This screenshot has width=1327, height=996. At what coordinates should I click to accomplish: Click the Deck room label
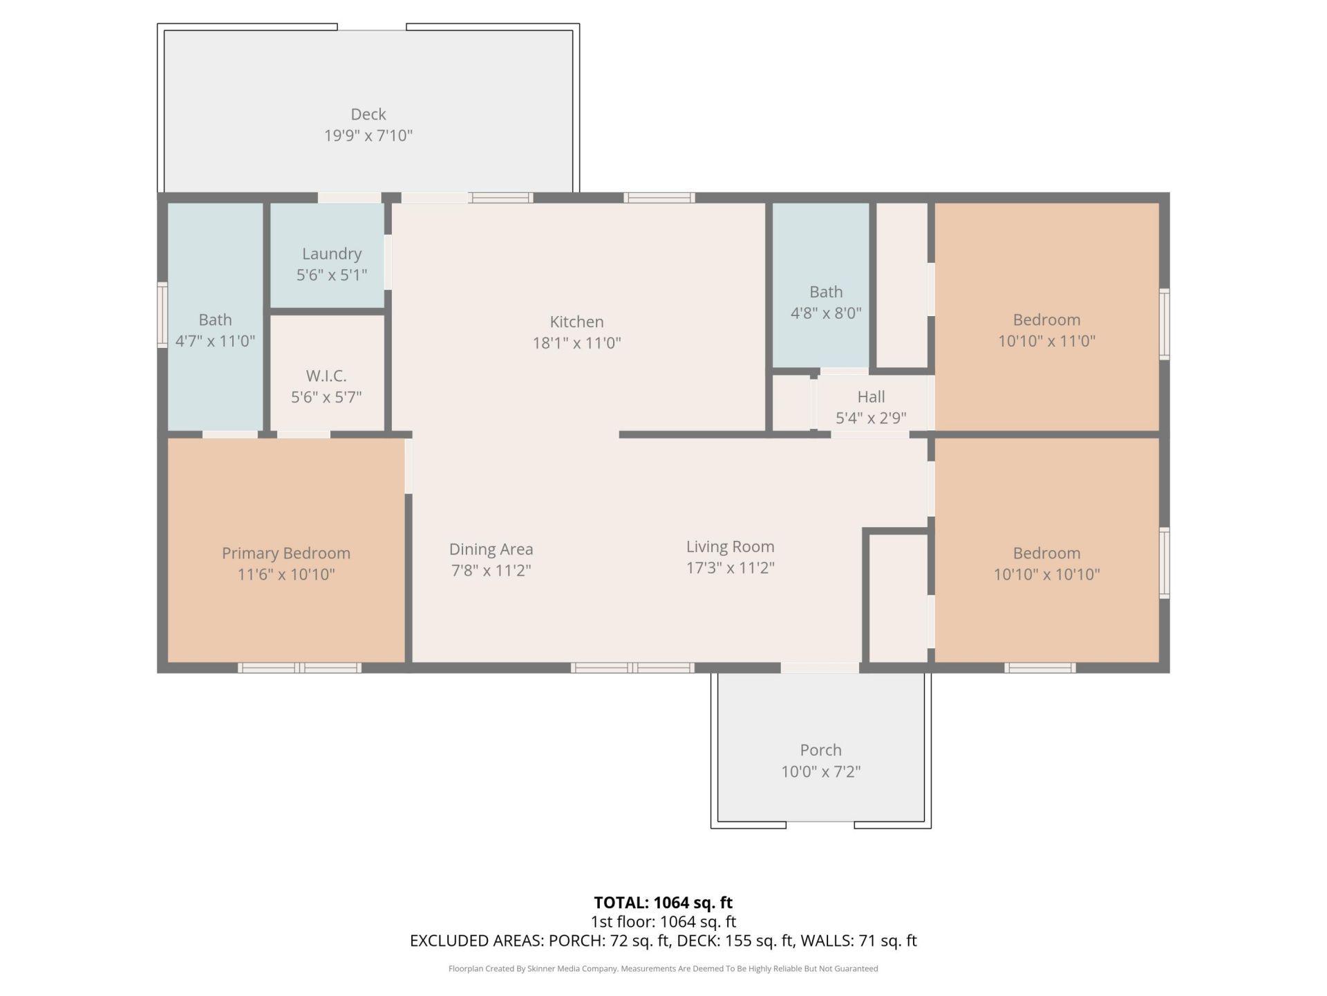pos(368,114)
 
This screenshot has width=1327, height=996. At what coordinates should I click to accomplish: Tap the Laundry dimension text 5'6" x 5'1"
pos(332,275)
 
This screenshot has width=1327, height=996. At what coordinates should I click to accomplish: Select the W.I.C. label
pos(326,376)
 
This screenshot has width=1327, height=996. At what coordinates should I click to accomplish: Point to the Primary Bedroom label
pos(286,553)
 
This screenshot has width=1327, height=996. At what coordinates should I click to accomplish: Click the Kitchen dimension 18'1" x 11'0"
pos(577,343)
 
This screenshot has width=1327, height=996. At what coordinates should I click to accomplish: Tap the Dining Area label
pos(491,549)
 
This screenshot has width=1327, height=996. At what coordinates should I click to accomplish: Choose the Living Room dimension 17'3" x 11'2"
pos(731,568)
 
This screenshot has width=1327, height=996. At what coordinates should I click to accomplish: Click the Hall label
pos(871,397)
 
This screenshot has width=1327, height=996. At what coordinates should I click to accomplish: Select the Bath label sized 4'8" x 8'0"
pos(826,292)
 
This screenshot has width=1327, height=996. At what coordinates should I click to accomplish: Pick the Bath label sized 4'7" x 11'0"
pos(215,320)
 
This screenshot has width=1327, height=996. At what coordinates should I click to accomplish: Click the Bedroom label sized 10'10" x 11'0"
pos(1046,320)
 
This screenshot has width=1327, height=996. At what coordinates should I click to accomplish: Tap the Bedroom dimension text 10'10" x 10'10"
pos(1046,574)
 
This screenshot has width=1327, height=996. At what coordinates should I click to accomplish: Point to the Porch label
pos(821,750)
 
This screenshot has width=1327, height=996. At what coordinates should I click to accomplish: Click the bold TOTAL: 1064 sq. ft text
pos(663,903)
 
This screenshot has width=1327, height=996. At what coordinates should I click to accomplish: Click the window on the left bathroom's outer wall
pos(162,315)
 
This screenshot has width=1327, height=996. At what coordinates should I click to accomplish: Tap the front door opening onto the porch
pos(820,667)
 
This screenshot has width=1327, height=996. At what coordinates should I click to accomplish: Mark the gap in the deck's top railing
pos(372,27)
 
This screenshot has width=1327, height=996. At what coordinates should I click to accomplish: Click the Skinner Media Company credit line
pos(663,968)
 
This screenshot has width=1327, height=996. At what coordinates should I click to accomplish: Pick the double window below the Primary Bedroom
pos(300,667)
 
